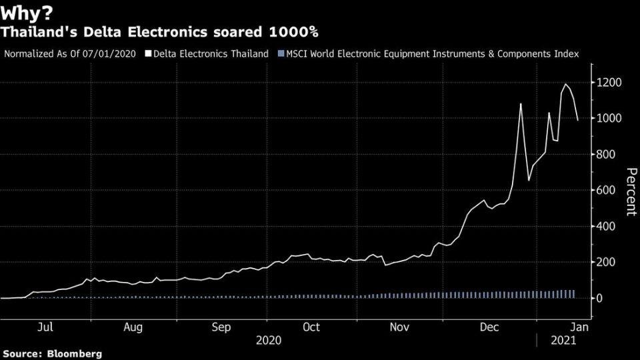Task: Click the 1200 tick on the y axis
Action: tap(610, 82)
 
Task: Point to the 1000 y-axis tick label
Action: tap(610, 118)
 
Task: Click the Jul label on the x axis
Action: tap(45, 327)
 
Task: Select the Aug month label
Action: tap(133, 327)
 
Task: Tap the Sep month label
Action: tap(221, 327)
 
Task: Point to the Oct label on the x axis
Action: tap(311, 327)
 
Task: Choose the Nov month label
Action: tap(399, 327)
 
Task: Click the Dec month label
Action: tap(490, 327)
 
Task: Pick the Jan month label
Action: tap(580, 327)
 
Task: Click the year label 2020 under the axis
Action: tap(269, 340)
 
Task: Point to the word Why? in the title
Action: tap(26, 11)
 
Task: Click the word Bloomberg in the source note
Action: tap(75, 353)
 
